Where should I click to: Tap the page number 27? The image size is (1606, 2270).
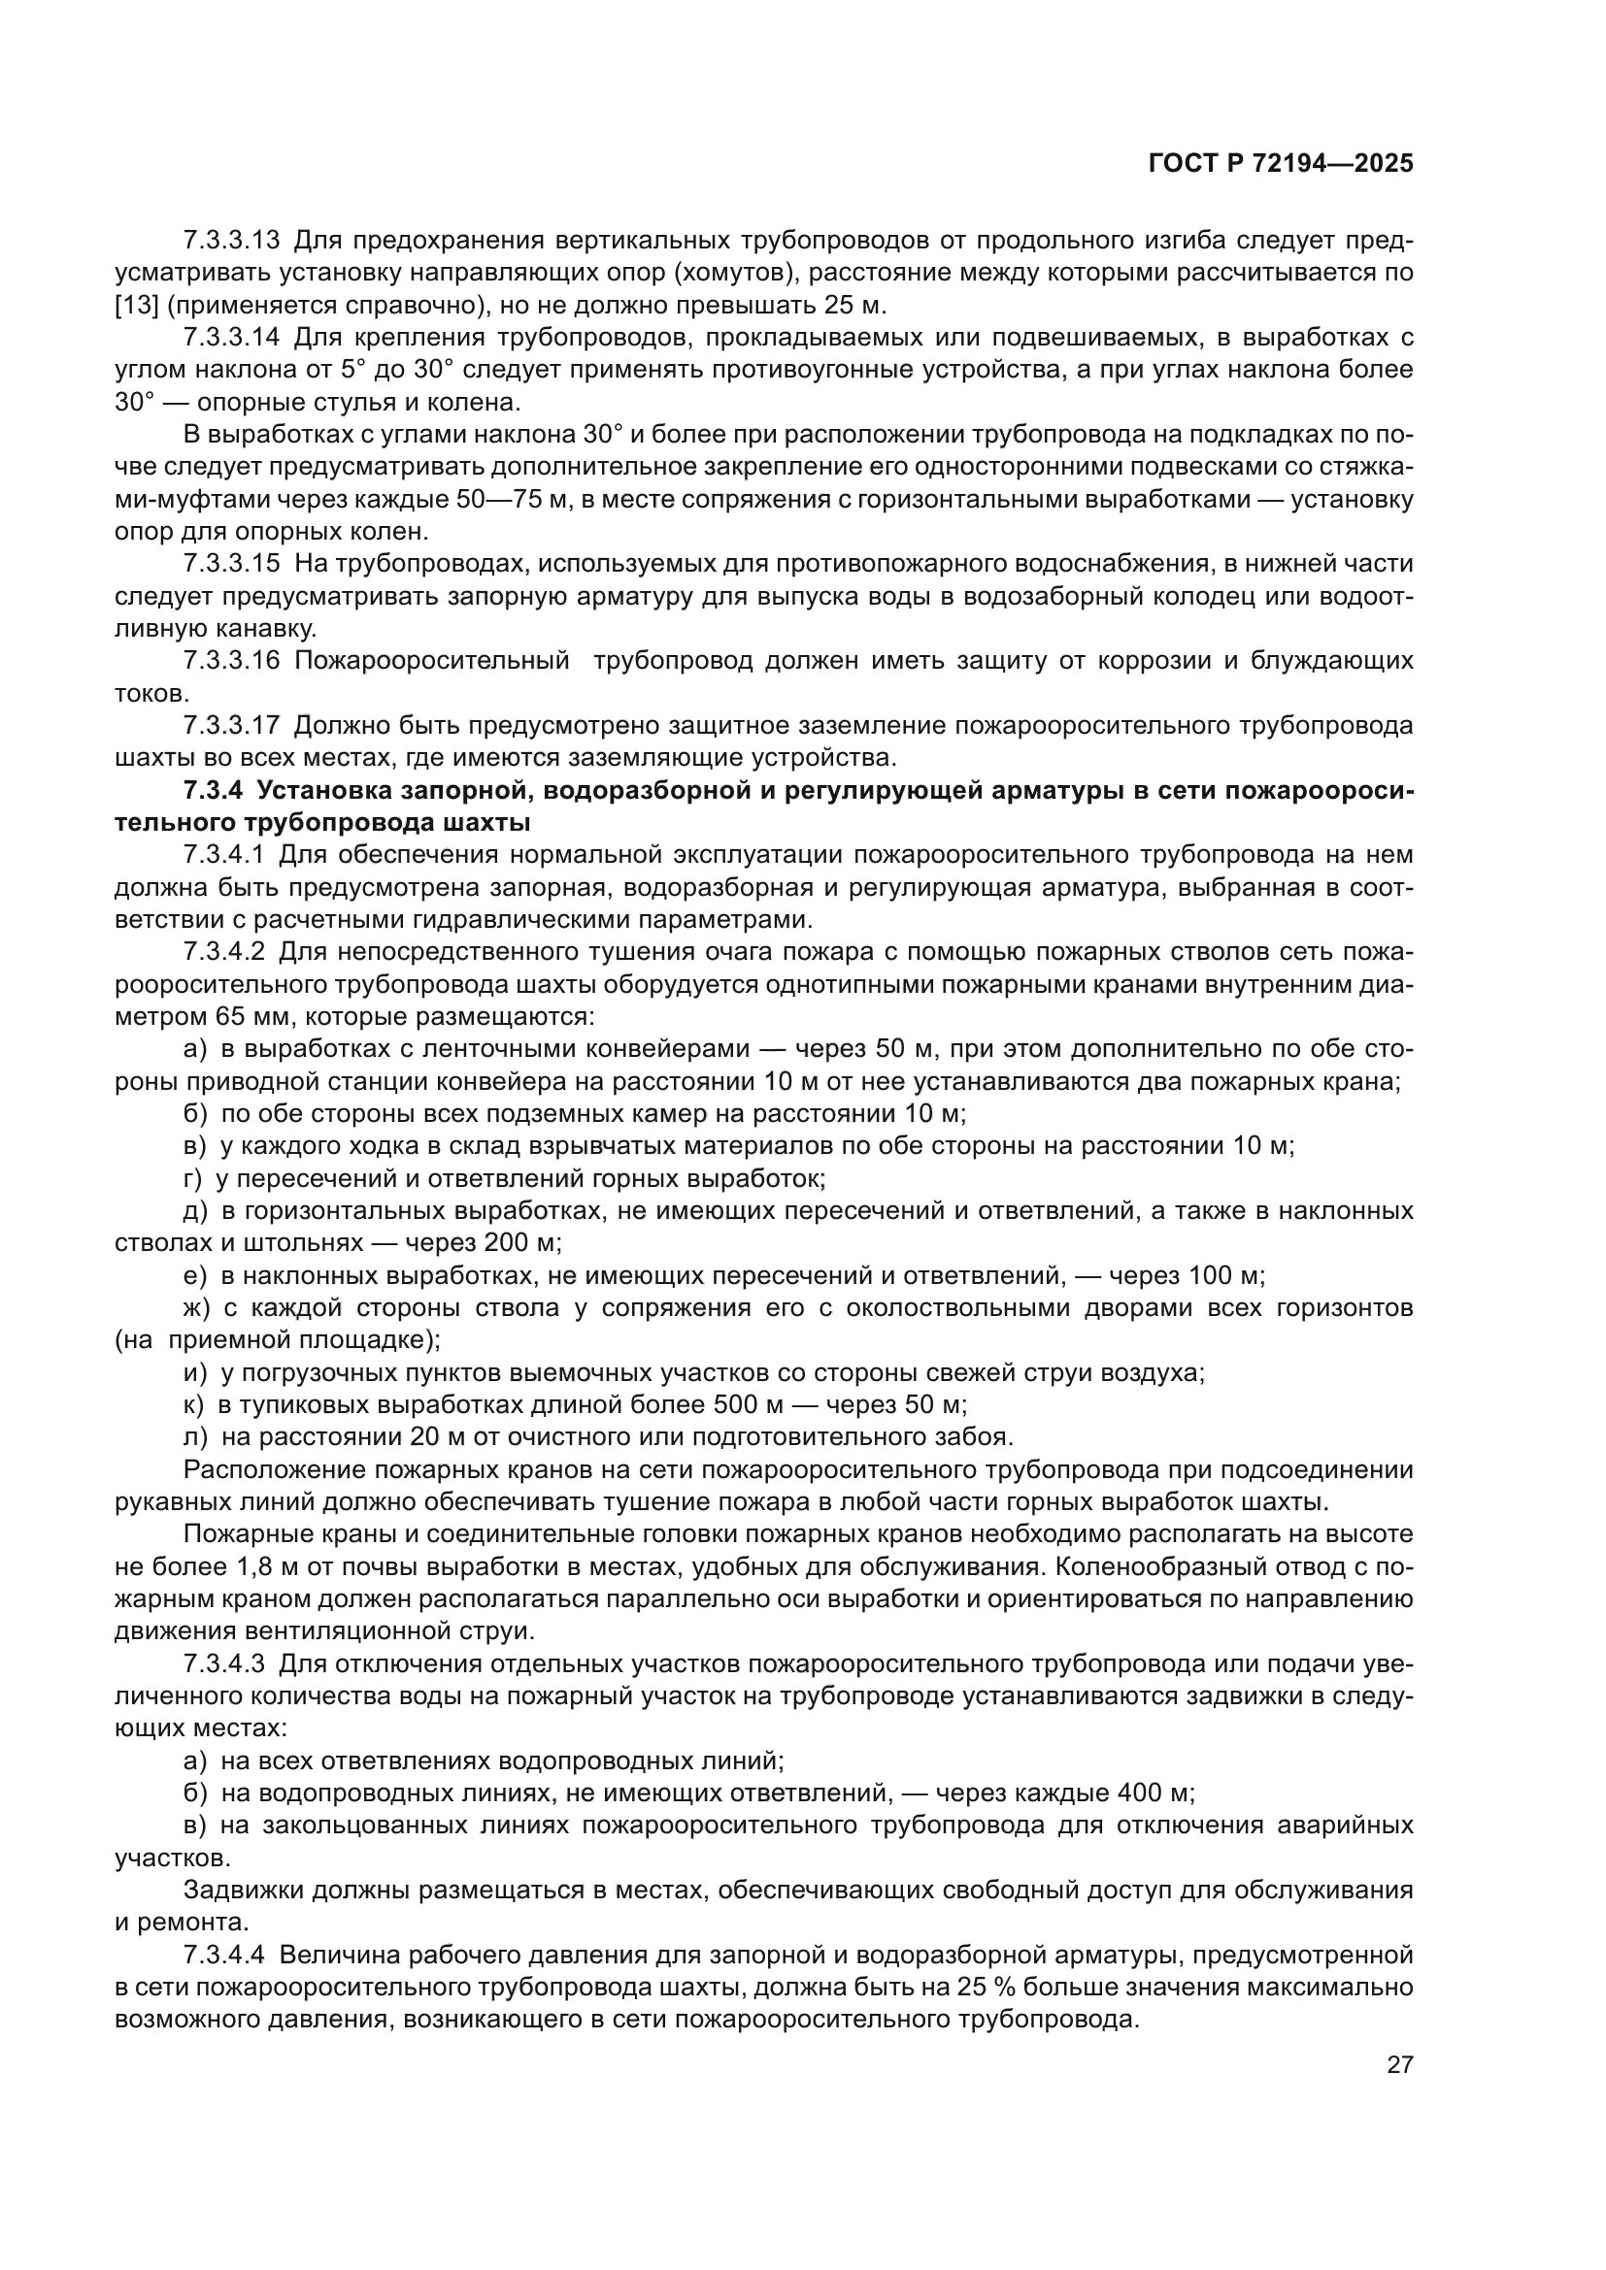coord(1399,2064)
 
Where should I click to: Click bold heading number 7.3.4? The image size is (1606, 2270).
coord(213,790)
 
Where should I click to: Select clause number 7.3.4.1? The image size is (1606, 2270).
coord(224,854)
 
